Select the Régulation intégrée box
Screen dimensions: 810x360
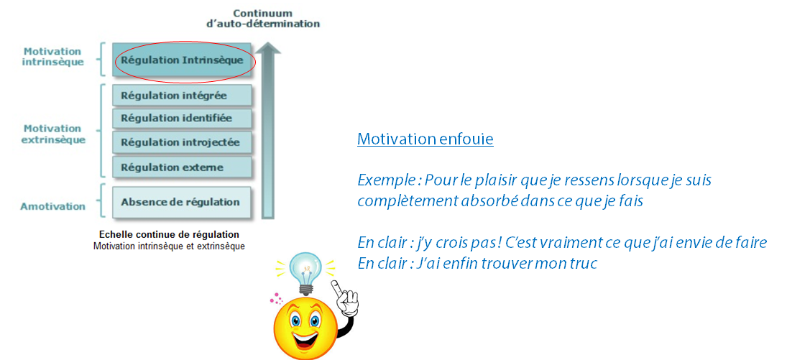(x=182, y=96)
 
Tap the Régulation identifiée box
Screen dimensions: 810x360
(x=182, y=119)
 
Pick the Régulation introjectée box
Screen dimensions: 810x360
(x=182, y=142)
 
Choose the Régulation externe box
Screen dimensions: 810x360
(x=182, y=167)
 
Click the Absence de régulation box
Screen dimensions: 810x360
(x=182, y=202)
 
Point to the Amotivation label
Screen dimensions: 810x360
(x=52, y=206)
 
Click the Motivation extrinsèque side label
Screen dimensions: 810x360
(x=54, y=134)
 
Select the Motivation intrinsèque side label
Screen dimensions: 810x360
(x=52, y=57)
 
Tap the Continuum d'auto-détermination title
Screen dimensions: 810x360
(x=262, y=19)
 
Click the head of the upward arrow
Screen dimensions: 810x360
(x=267, y=47)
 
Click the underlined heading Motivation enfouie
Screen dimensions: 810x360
(x=425, y=139)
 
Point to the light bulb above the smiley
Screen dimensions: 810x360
(x=307, y=272)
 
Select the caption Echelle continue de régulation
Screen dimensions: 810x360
(x=170, y=234)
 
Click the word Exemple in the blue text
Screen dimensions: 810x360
(x=386, y=181)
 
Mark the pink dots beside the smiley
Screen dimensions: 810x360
(x=277, y=298)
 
